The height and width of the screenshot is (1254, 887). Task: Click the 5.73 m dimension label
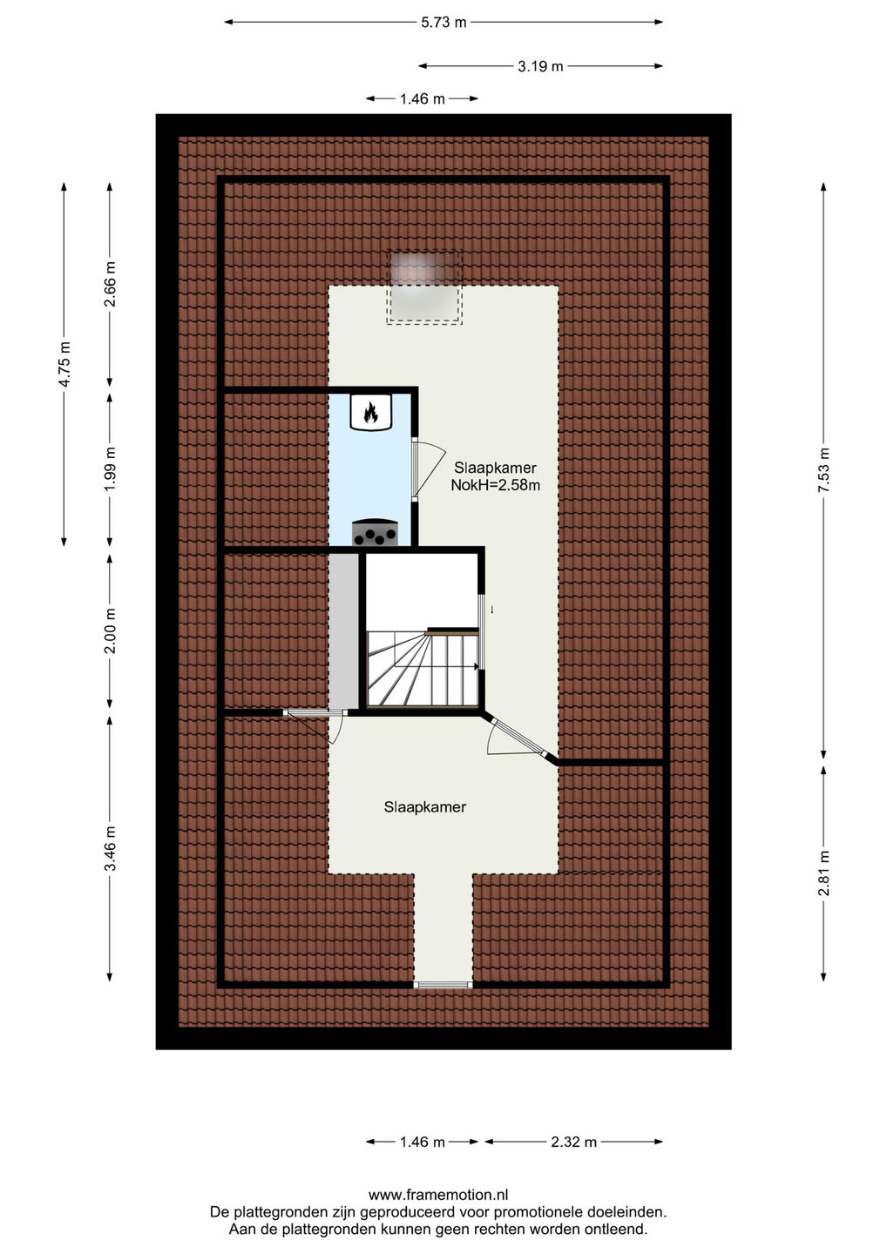[x=443, y=23]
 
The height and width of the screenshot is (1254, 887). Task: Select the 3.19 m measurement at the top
[x=540, y=66]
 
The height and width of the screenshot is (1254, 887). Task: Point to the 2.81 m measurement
[x=823, y=873]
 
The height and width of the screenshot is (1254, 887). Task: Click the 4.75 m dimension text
[x=64, y=363]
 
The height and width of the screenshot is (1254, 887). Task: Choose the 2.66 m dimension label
[x=110, y=284]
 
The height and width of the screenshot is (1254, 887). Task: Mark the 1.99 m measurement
[x=110, y=469]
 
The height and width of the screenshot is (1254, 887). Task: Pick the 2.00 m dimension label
[x=110, y=630]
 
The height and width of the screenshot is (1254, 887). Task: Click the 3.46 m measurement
[x=110, y=848]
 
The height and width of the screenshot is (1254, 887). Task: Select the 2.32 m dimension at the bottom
[x=573, y=1142]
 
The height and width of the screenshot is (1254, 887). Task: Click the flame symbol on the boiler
[x=370, y=413]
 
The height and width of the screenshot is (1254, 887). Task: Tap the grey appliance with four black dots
[x=375, y=532]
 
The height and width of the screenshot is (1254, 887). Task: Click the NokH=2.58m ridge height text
[x=495, y=485]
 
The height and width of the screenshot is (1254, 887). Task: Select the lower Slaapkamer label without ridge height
[x=425, y=807]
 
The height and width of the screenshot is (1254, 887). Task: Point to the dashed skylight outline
[x=424, y=287]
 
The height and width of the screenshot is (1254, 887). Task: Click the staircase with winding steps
[x=423, y=668]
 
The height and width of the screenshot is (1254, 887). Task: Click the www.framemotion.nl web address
[x=438, y=1195]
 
